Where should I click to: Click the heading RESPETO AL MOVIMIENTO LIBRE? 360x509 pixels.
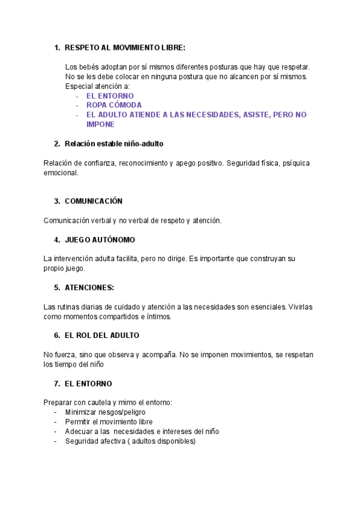coord(125,47)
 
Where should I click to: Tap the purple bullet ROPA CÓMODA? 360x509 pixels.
coord(114,105)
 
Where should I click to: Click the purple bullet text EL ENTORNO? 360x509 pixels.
coord(110,95)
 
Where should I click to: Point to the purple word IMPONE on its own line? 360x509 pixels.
coord(100,124)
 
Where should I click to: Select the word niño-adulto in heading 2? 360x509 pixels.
coord(143,143)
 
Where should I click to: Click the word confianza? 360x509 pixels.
coord(97,163)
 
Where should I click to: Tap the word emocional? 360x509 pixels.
coord(61,172)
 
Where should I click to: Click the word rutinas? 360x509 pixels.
coord(69,307)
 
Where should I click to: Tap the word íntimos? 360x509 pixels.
coord(159,316)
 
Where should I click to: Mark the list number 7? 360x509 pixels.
coord(56,384)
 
